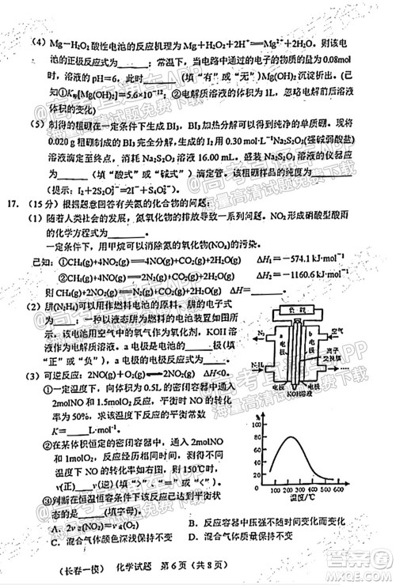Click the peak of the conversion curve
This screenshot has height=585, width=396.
[x=292, y=436]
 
